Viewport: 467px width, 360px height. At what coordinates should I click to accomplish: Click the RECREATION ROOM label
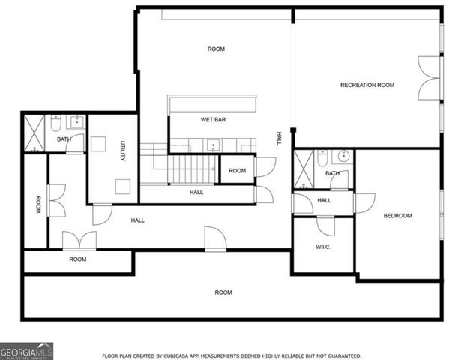tap(367, 85)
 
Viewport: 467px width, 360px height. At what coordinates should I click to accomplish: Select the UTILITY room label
tap(122, 151)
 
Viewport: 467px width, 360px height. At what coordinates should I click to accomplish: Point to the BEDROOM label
tap(397, 216)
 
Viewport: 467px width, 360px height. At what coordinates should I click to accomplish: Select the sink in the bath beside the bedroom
tap(343, 157)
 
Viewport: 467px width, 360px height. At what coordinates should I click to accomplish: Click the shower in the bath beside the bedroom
tap(304, 169)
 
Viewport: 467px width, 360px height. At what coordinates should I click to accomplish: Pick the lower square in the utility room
tap(122, 187)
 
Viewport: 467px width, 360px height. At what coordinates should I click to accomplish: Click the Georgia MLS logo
tap(26, 350)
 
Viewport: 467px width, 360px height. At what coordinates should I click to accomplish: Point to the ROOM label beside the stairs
tap(237, 171)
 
